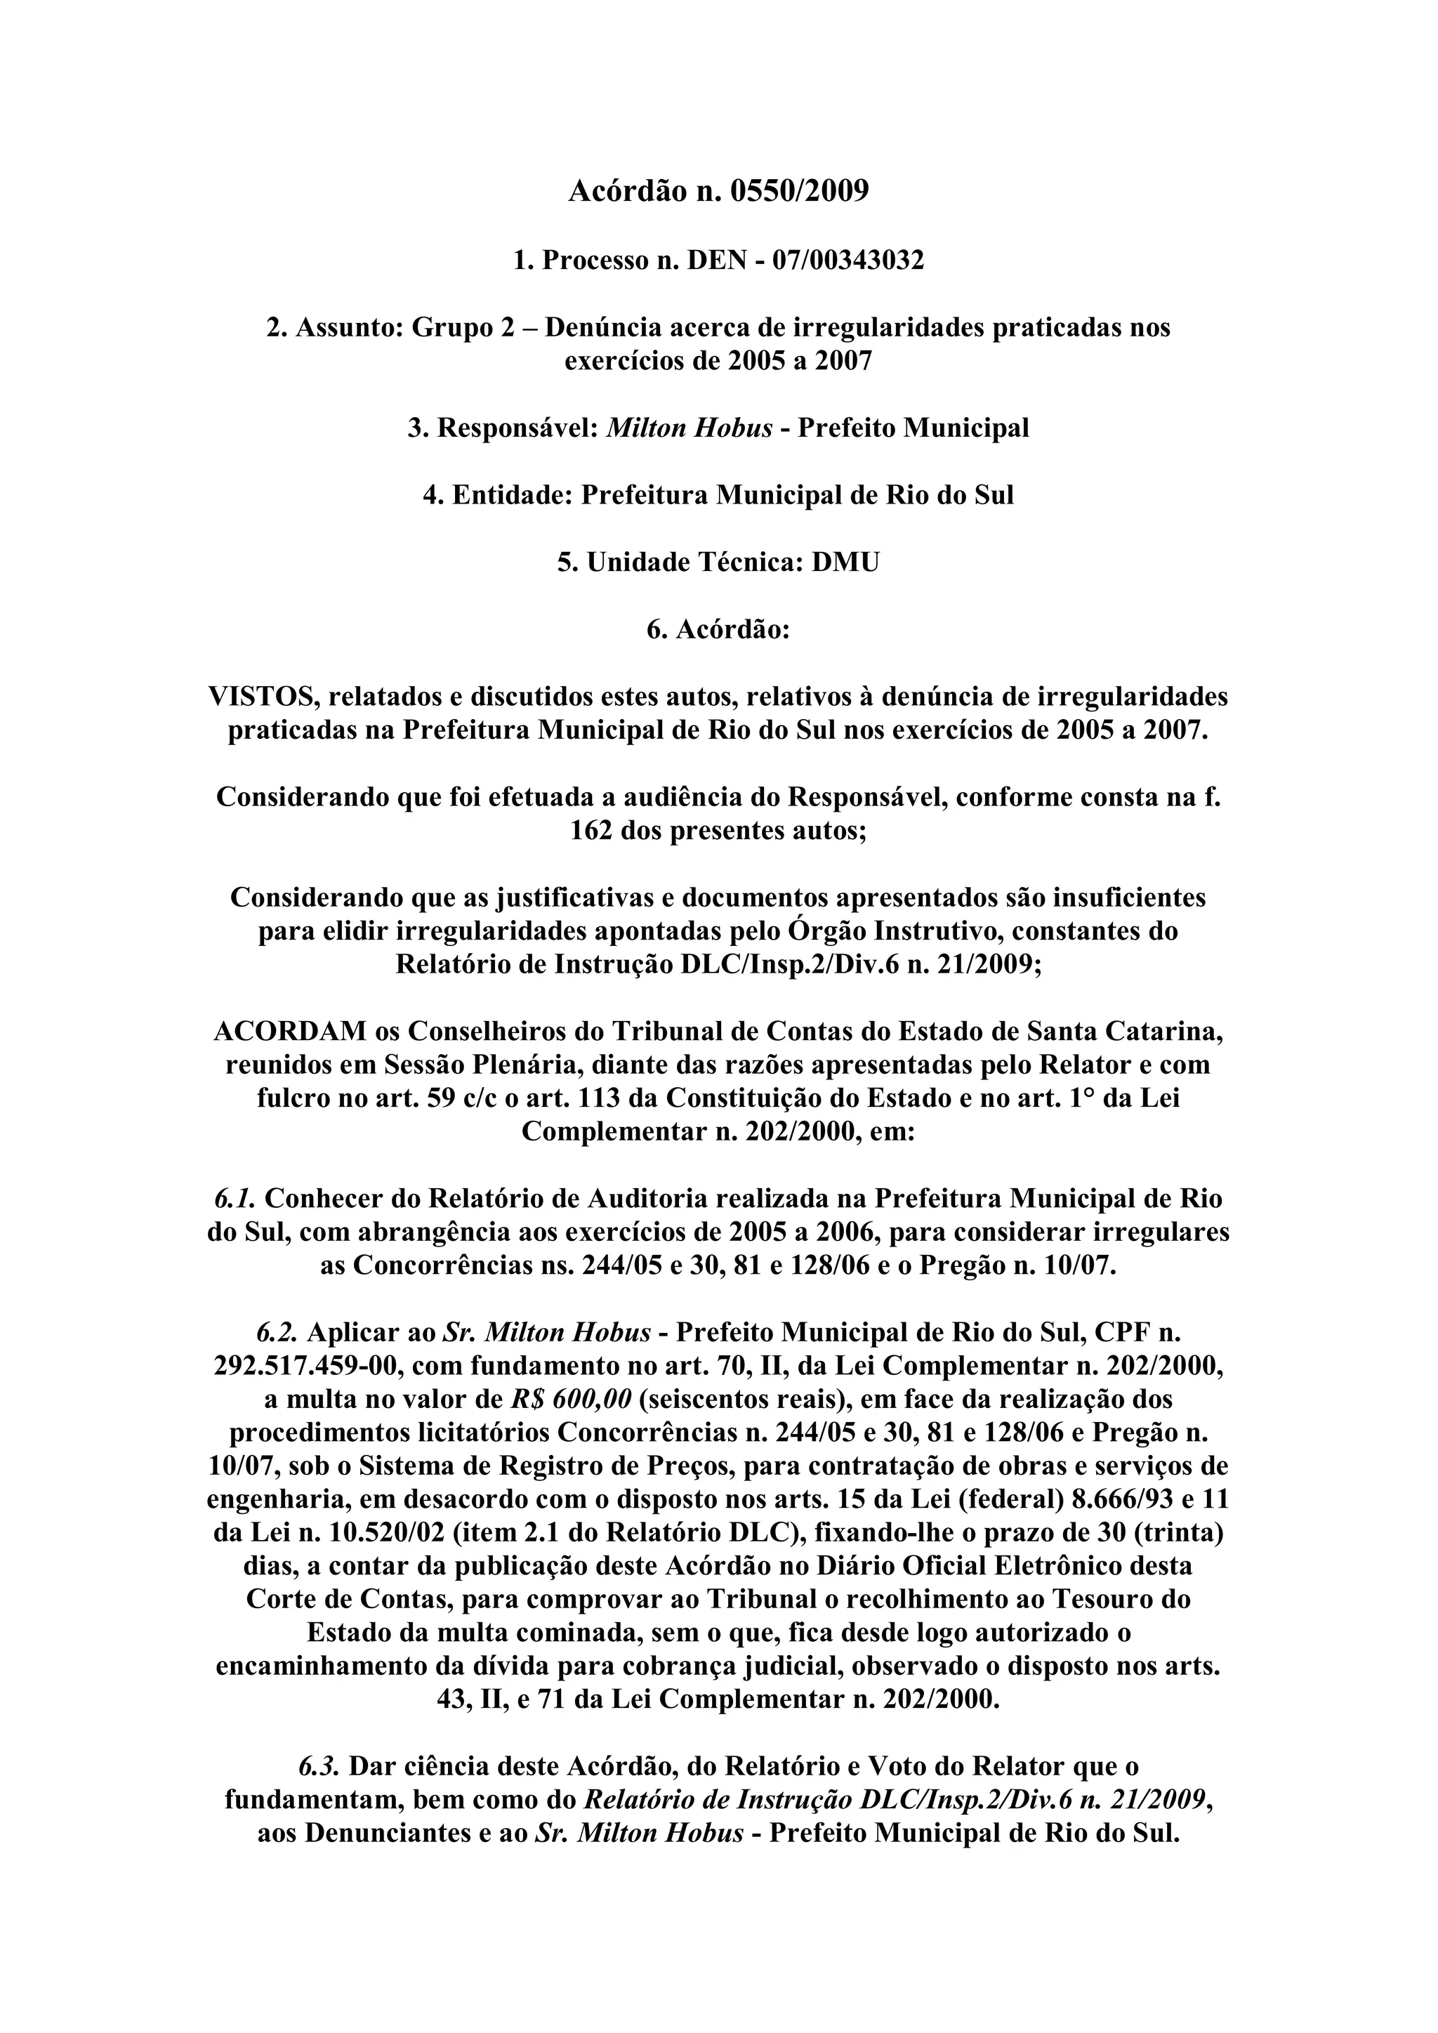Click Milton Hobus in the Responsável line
689,428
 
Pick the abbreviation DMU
845,562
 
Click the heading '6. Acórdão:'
718,629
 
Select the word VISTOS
263,697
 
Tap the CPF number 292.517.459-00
304,1367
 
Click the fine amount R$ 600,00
571,1400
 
